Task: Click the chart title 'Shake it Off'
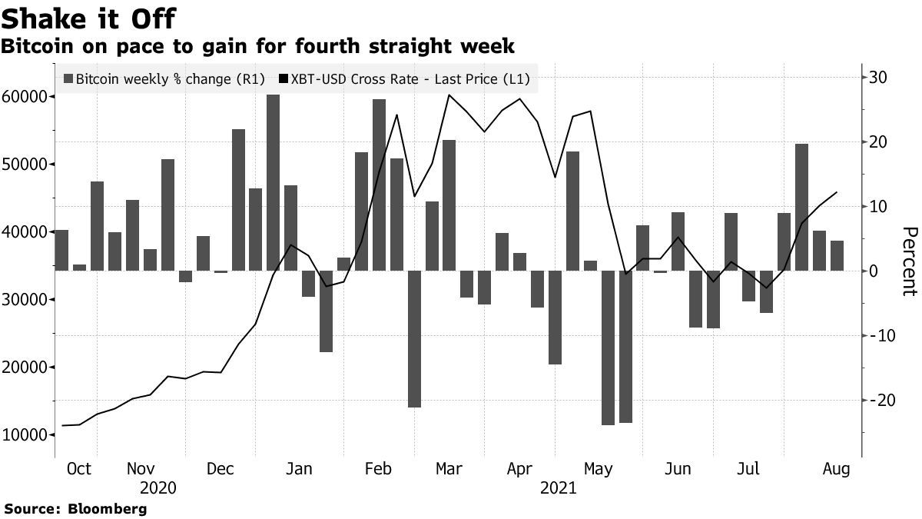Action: [x=90, y=18]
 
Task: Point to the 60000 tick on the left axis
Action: [x=27, y=97]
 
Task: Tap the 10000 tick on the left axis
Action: [x=27, y=435]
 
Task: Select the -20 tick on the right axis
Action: [x=876, y=401]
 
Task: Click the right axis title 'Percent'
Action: [x=909, y=261]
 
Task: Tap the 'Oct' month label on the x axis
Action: [x=79, y=469]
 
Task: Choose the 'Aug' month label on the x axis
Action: [x=836, y=469]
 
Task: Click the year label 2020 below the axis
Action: [x=158, y=488]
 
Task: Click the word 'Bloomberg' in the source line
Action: [x=108, y=509]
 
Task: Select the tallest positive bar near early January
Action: [x=273, y=183]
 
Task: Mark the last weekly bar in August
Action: [x=837, y=255]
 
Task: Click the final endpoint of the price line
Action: [x=837, y=192]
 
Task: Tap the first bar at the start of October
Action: [x=61, y=250]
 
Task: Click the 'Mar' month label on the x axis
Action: [x=448, y=469]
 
